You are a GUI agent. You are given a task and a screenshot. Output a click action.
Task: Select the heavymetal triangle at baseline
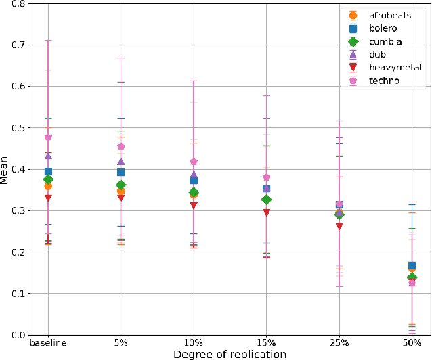point(48,198)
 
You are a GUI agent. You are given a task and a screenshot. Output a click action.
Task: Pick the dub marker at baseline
point(48,156)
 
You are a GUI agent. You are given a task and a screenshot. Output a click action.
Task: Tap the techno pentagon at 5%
point(121,147)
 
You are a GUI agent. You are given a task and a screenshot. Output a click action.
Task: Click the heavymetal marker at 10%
point(194,206)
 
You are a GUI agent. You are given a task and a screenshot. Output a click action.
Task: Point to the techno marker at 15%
point(267,177)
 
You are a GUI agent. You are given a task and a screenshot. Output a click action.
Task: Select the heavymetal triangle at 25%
point(339,227)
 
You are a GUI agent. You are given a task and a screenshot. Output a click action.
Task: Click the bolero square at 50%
point(412,265)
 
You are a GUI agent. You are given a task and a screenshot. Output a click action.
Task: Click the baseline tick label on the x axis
point(48,344)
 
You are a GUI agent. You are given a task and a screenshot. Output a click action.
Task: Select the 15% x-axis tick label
point(267,344)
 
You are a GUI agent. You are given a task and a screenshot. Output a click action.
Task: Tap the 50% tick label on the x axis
point(412,344)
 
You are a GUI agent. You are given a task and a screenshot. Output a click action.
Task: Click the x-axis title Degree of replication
point(230,354)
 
